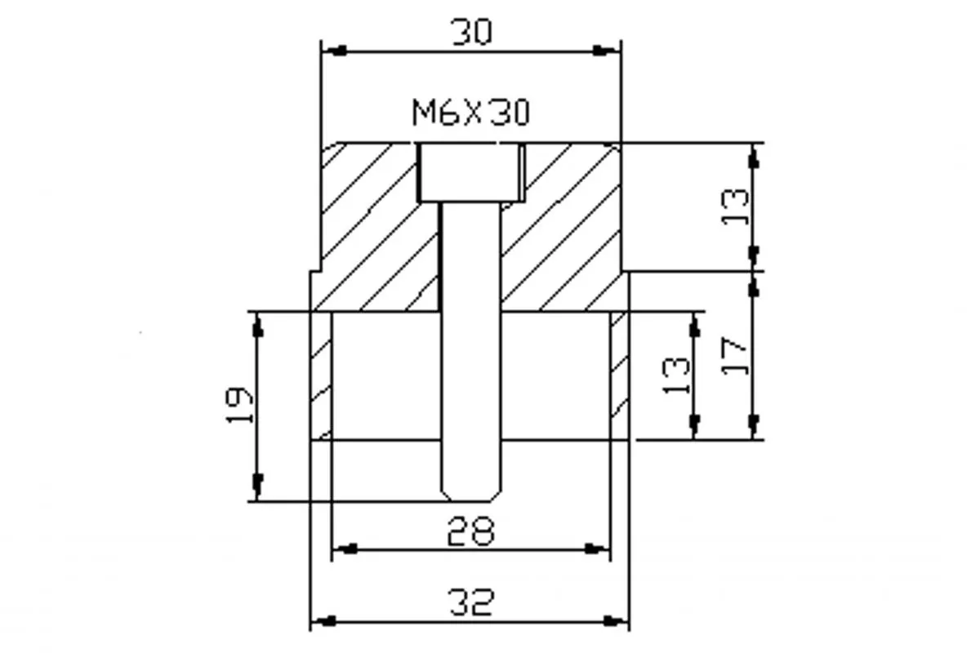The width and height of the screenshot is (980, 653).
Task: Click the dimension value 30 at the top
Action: click(471, 32)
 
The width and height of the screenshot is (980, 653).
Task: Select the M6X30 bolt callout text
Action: click(470, 113)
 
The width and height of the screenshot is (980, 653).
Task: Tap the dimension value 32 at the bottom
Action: click(471, 602)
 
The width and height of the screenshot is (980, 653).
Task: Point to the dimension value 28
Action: click(470, 531)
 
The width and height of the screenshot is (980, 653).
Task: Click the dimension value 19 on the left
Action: click(238, 405)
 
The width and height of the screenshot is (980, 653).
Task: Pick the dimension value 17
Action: click(734, 356)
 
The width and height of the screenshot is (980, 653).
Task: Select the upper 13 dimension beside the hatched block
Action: click(734, 207)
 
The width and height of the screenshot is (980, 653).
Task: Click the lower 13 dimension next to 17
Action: click(676, 375)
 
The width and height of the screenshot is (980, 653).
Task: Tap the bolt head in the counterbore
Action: click(470, 172)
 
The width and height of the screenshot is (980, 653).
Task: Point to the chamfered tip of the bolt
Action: click(470, 493)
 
